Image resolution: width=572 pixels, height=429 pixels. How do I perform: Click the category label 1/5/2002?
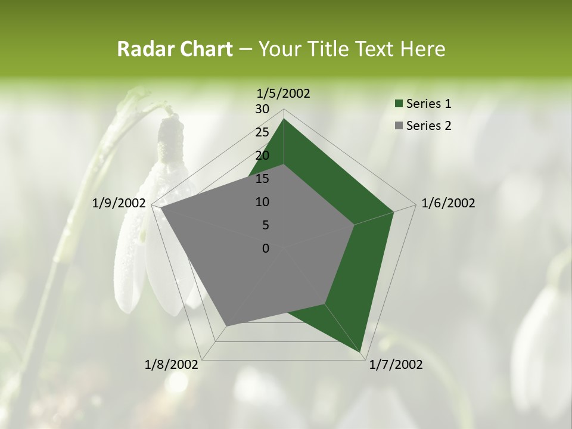coord(283,93)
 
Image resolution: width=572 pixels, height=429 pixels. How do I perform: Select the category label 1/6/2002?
coord(448,203)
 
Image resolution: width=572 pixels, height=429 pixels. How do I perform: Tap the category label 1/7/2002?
coord(396,365)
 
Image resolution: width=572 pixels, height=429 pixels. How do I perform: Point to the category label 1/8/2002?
coord(172,365)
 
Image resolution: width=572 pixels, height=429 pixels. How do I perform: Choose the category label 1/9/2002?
coord(119,203)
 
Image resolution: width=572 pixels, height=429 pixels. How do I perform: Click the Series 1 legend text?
coord(428,104)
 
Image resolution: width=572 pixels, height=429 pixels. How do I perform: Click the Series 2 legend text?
coord(428,125)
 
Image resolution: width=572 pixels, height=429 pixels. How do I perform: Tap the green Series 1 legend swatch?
coord(399,104)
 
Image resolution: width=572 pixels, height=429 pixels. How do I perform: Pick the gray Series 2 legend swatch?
coord(399,126)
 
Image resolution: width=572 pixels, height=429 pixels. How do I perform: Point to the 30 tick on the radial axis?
coord(262,109)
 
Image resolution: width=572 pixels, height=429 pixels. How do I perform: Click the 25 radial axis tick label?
coord(262,132)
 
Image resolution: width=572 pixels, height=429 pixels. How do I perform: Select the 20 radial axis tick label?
coord(262,156)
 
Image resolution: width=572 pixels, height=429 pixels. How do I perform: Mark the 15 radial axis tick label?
coord(262,179)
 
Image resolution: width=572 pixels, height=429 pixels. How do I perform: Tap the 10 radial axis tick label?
coord(262,202)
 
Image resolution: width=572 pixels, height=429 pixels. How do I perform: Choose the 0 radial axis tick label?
coord(266,248)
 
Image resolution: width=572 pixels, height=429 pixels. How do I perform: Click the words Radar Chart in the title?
coord(175,49)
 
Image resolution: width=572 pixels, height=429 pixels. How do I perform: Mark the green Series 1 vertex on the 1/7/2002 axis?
coord(361,353)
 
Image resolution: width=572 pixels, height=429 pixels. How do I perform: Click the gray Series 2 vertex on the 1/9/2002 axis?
coord(160,208)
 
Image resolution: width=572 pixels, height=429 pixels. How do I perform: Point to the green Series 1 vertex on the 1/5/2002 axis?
coord(284,119)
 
